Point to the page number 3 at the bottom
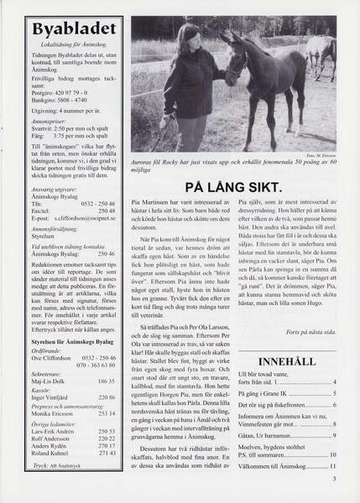[333, 479]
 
